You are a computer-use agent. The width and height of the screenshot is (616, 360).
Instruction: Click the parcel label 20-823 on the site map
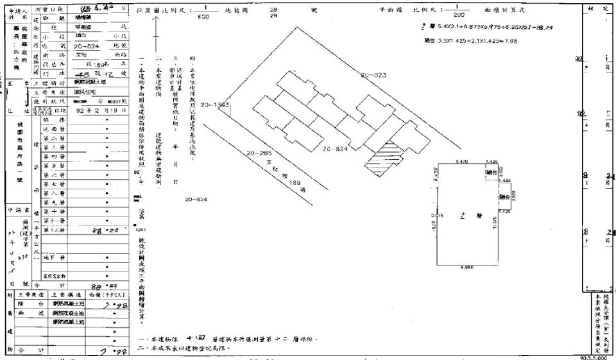(x=373, y=76)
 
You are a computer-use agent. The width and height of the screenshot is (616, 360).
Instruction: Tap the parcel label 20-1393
(x=214, y=105)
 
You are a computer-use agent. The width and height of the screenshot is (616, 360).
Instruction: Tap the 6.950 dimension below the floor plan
(x=466, y=267)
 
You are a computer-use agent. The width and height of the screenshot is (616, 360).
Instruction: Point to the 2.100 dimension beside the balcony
(x=501, y=172)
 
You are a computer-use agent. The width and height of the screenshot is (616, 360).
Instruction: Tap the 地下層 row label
(x=54, y=257)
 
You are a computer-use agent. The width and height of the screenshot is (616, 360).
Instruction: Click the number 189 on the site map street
(x=296, y=184)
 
